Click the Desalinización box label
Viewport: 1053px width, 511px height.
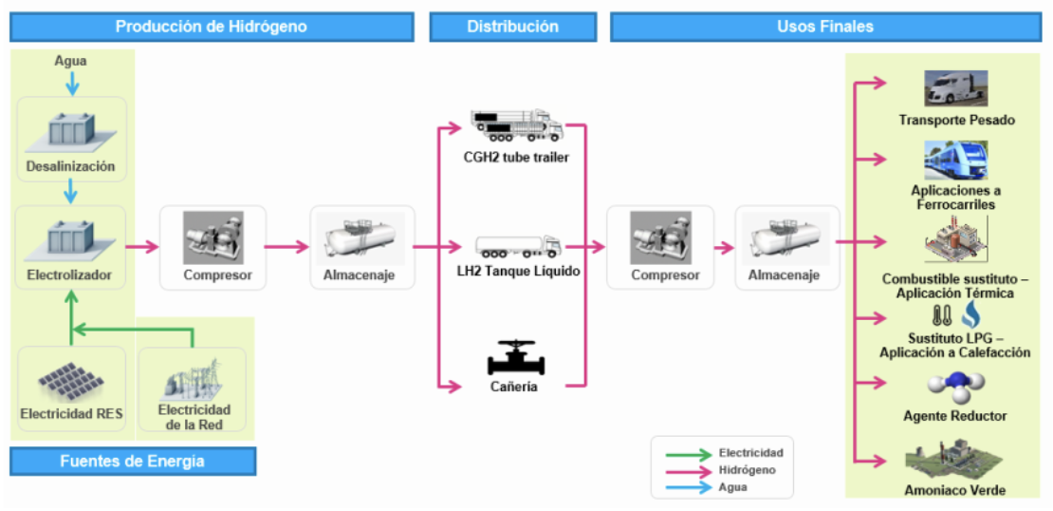(x=71, y=167)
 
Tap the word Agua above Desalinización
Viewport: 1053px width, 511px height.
(x=71, y=62)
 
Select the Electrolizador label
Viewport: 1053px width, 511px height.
(x=70, y=276)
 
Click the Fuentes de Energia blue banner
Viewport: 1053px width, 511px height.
(x=133, y=462)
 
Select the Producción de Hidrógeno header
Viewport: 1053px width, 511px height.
(x=212, y=27)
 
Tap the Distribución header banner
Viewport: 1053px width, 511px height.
(x=512, y=27)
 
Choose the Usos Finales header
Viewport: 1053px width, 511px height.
(x=824, y=27)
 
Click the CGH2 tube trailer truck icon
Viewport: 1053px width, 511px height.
(x=516, y=124)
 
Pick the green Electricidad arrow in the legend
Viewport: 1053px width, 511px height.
(x=686, y=454)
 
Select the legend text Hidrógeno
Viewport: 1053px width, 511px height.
(x=747, y=470)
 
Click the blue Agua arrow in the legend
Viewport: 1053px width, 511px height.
(x=686, y=487)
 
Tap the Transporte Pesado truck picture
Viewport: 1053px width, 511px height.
(x=956, y=89)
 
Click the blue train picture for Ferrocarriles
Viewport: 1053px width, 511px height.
(x=956, y=160)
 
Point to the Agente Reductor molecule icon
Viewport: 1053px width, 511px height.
(x=955, y=388)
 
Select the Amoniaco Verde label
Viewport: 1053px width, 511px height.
(x=955, y=490)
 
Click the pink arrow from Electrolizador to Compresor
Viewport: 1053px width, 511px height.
(x=142, y=248)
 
